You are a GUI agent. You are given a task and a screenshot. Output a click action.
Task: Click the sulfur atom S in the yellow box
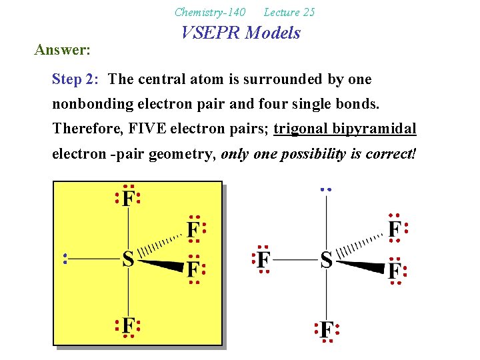coord(128,259)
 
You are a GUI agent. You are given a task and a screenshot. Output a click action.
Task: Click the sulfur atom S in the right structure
coord(326,259)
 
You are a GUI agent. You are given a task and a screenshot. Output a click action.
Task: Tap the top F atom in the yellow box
coord(127,198)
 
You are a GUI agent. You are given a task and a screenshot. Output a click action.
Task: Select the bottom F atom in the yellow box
coord(127,325)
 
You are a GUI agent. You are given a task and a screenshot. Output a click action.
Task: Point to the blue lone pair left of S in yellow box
coord(65,259)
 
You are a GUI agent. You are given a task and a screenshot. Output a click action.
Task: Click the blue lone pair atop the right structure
coord(325,189)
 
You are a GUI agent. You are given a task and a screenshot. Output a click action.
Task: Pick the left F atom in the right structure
coord(263,259)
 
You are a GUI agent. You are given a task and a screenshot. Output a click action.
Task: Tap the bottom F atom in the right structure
coord(326,330)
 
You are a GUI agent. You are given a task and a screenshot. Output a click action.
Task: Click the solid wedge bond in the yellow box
coord(160,265)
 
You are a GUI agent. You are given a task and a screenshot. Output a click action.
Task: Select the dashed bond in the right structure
coord(360,244)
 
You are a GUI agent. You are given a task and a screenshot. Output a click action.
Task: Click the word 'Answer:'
coord(63,50)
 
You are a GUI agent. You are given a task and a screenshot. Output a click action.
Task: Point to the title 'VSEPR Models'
coord(241,33)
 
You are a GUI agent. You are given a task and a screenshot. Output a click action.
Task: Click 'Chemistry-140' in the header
coord(209,12)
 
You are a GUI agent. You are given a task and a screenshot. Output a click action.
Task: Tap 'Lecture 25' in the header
coord(289,12)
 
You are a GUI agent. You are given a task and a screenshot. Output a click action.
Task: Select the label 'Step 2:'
coord(76,79)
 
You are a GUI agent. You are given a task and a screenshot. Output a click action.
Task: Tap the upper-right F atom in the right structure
coord(395,229)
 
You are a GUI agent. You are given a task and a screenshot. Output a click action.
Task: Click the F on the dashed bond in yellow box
coord(193,230)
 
